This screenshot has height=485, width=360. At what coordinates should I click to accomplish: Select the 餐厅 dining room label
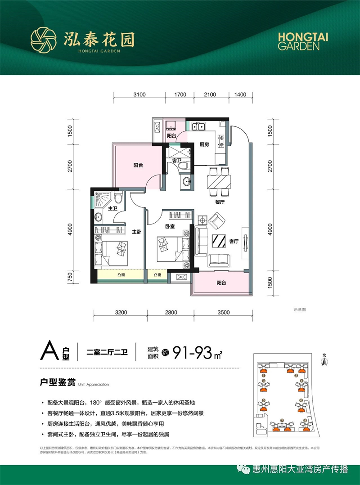click(219, 202)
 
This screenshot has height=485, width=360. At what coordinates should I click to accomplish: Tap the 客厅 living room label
click(233, 241)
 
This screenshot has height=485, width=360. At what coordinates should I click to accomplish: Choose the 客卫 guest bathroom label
click(176, 160)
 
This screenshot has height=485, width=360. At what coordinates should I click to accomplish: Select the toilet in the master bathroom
click(118, 198)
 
